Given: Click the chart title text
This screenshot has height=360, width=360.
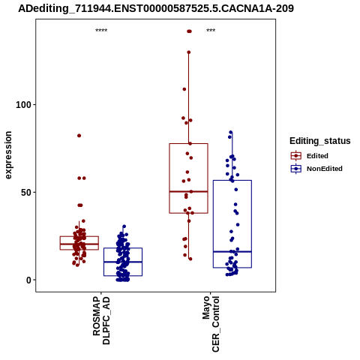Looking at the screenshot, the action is click(156, 8).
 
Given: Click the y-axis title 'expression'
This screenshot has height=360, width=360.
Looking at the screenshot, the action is click(8, 155).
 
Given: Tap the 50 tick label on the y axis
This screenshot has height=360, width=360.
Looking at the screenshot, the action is click(25, 192).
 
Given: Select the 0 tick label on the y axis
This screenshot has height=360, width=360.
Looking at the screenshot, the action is click(28, 280).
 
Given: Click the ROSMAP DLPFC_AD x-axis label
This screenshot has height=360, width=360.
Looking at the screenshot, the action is click(101, 320).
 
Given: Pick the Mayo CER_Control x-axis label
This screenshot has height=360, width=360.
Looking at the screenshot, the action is click(211, 324).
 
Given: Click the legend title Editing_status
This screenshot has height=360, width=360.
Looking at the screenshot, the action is click(319, 141).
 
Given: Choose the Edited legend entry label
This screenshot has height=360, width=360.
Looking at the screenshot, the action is click(317, 156).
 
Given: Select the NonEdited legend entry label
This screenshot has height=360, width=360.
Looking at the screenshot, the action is click(325, 169).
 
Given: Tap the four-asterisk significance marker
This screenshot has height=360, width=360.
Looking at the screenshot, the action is click(101, 31).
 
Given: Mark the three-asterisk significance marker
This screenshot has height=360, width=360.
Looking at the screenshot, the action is click(211, 31).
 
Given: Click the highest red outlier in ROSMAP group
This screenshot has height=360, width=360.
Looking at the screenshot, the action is click(79, 136).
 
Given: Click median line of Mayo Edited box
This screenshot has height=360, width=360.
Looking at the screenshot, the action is click(188, 191).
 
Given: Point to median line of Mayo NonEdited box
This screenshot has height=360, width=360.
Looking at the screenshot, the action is click(232, 251).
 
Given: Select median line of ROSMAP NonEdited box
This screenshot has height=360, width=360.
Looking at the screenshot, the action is click(123, 262).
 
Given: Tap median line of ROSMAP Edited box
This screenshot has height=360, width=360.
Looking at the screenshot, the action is click(79, 244).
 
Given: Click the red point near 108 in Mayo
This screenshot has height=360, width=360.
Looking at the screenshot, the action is click(184, 89).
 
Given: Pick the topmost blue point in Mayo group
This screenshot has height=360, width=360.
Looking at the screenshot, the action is click(231, 132).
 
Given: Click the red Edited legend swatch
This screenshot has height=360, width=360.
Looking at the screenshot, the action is click(296, 156).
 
